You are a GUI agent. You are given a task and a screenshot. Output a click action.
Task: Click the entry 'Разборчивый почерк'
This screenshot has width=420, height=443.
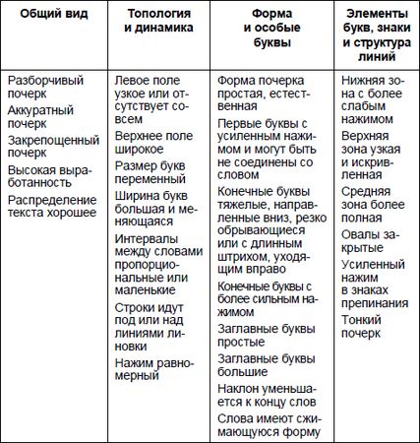tap(45, 86)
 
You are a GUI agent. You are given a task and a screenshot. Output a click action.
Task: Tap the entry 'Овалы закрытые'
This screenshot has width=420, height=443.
tap(373, 243)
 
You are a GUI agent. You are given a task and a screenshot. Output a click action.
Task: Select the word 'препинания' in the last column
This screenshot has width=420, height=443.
tap(375, 303)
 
